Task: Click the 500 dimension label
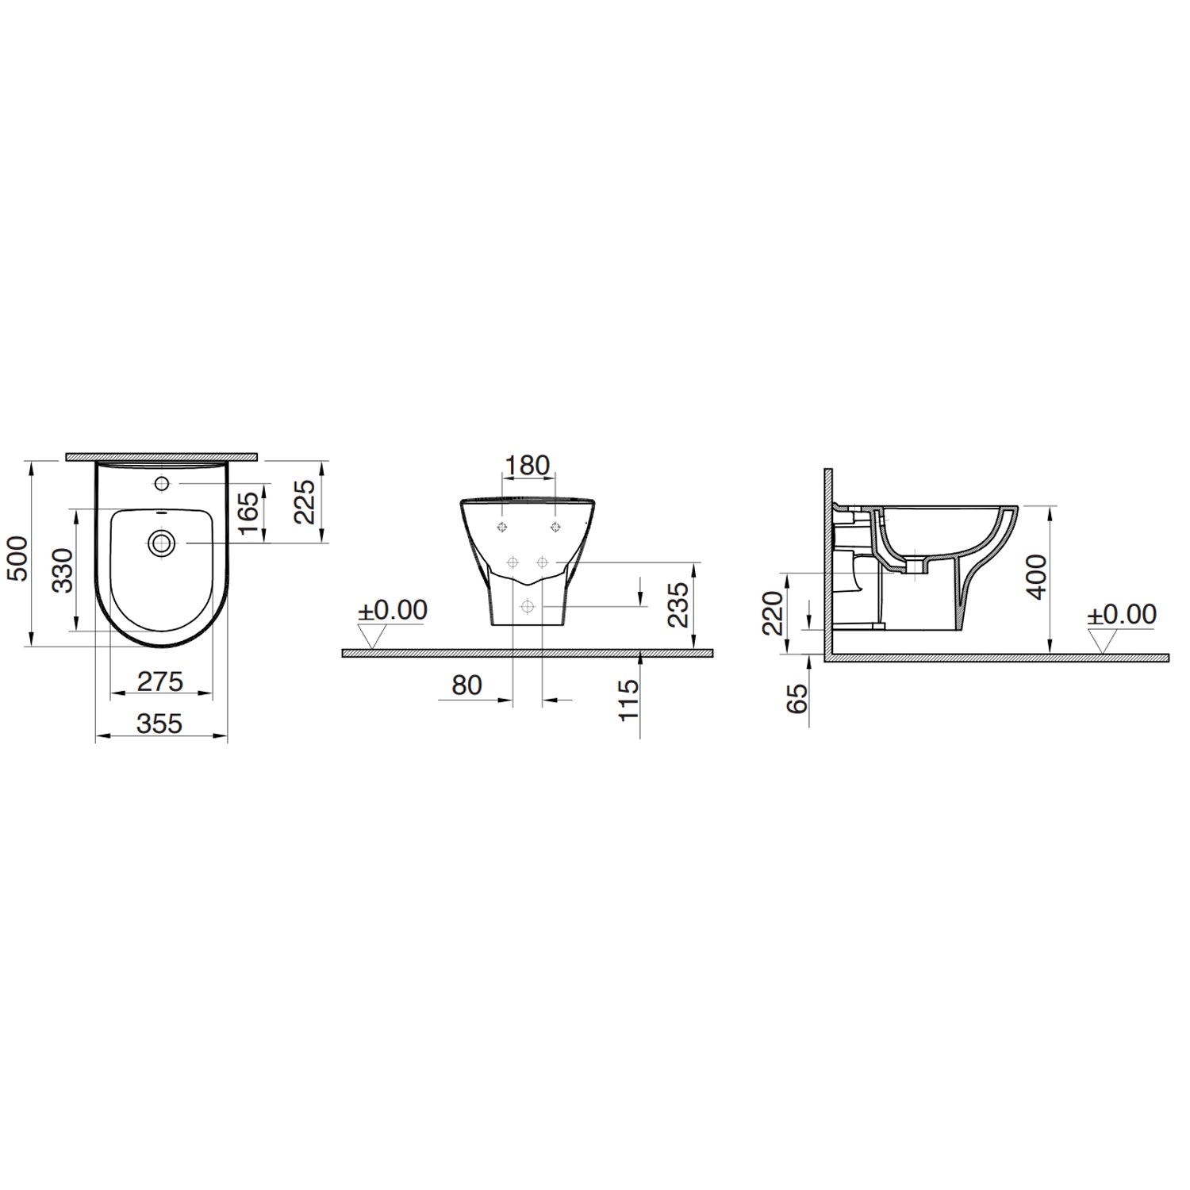coord(17,558)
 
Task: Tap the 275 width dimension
coord(160,681)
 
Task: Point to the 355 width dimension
coord(159,724)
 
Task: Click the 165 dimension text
coord(248,513)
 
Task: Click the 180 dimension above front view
coord(528,465)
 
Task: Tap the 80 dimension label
coord(466,685)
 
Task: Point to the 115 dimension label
coord(628,699)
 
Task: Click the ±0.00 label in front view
coord(393,610)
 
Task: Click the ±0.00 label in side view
coord(1122,614)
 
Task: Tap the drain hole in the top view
coord(162,543)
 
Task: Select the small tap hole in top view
coord(162,483)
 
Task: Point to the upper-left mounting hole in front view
coord(502,528)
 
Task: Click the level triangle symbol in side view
coord(1103,641)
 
